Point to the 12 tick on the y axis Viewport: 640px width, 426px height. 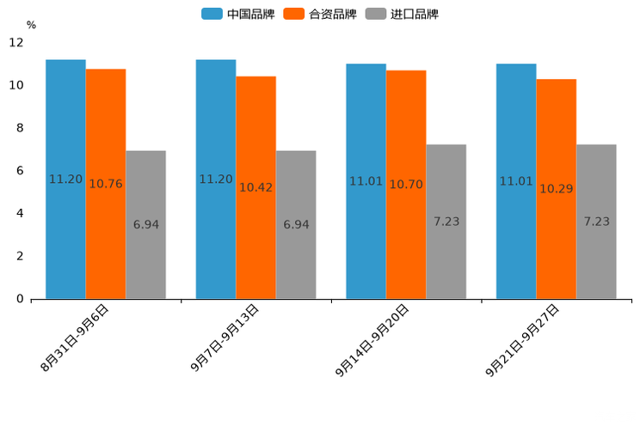[16, 43]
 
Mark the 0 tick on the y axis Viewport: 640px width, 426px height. [20, 299]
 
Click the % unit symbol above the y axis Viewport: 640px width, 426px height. [31, 25]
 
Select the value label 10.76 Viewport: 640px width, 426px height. [106, 184]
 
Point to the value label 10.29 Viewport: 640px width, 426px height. [557, 189]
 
